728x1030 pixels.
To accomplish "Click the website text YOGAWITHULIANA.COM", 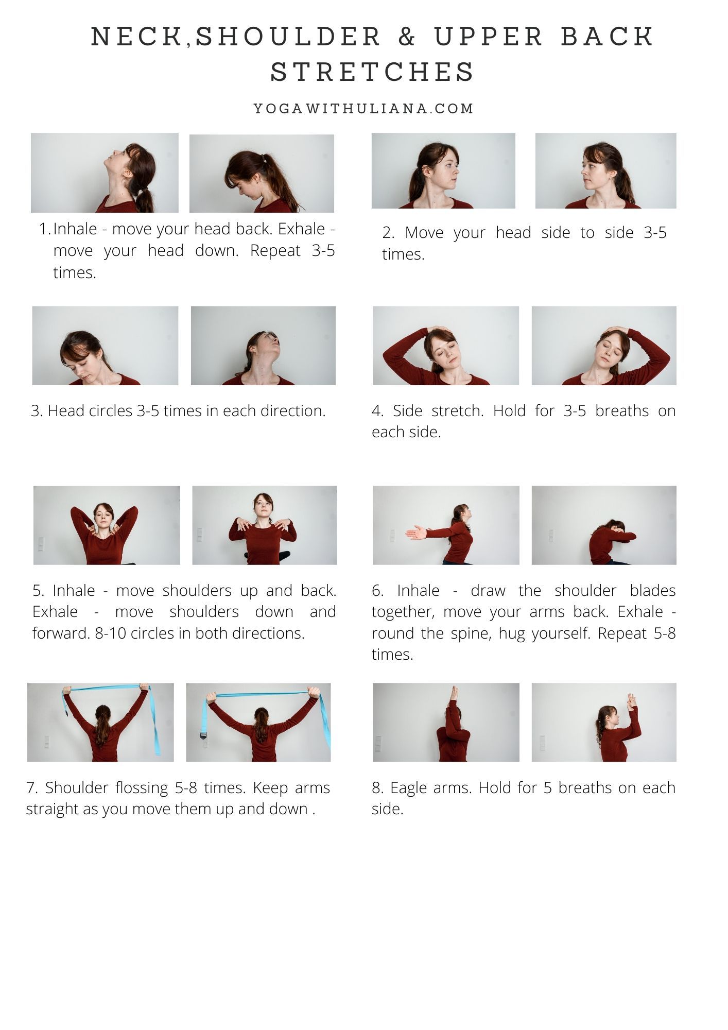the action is point(363,109).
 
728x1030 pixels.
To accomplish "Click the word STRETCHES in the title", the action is point(372,72).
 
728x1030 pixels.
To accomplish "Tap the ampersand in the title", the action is point(407,37).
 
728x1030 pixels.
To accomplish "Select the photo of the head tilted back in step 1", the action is point(105,173).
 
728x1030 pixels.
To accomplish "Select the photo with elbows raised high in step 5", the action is point(107,525).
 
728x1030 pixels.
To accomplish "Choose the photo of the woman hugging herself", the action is point(604,525).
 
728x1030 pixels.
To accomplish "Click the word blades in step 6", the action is point(653,591).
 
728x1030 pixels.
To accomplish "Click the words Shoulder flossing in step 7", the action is point(107,788).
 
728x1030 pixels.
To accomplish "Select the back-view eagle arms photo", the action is point(446,723).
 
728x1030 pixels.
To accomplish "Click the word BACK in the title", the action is point(608,37).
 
